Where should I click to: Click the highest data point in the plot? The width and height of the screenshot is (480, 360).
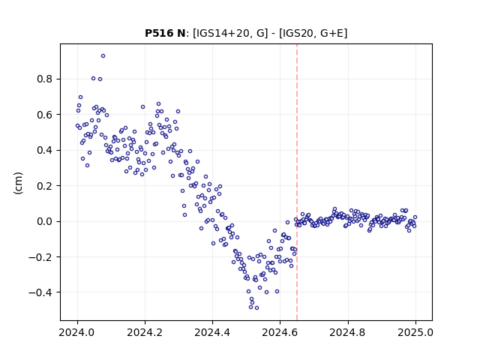click(103, 56)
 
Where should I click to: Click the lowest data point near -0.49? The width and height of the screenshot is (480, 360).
click(256, 308)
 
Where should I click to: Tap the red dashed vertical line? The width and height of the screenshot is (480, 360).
click(297, 182)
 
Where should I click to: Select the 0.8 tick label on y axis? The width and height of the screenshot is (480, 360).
click(45, 79)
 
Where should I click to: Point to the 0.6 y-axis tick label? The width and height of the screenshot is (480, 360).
click(45, 115)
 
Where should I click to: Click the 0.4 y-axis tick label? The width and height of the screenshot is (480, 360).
click(45, 150)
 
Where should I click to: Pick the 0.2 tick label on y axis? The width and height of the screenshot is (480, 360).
click(45, 186)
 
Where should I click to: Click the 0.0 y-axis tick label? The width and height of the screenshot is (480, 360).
click(45, 221)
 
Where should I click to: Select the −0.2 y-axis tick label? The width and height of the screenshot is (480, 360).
click(40, 257)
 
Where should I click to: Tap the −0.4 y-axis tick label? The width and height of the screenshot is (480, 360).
click(40, 292)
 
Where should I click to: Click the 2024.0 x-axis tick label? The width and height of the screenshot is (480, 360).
click(77, 332)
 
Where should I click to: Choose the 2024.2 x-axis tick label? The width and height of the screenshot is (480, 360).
click(145, 332)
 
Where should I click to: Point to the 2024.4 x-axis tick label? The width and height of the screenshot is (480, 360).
click(212, 332)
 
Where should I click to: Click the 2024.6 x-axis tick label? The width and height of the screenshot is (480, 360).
click(280, 332)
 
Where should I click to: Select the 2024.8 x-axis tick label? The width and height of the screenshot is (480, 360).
click(348, 332)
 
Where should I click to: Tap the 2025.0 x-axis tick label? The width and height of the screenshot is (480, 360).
click(415, 332)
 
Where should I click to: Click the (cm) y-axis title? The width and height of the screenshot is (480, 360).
click(18, 183)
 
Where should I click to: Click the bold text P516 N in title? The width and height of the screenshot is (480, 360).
click(165, 33)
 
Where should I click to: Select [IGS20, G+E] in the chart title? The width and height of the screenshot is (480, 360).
click(313, 33)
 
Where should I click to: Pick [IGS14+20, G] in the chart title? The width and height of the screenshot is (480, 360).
click(230, 33)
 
